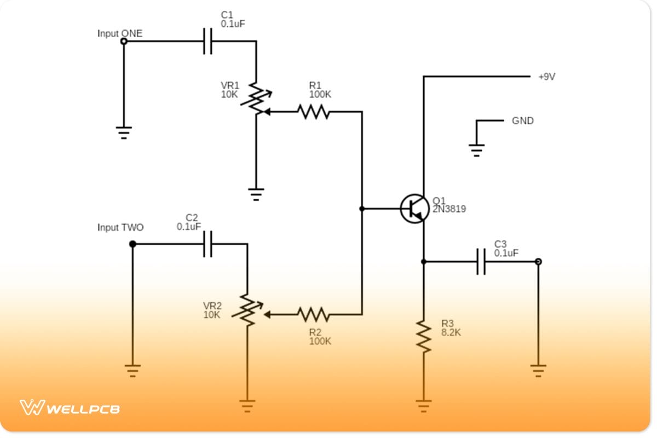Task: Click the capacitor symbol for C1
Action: pyautogui.click(x=208, y=41)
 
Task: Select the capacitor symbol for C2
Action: pyautogui.click(x=208, y=244)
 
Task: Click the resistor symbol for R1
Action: pyautogui.click(x=313, y=112)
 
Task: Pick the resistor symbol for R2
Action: pyautogui.click(x=313, y=314)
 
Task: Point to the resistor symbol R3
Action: pyautogui.click(x=423, y=336)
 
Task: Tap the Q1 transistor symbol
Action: pyautogui.click(x=414, y=209)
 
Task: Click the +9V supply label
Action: pyautogui.click(x=546, y=77)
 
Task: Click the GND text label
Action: pyautogui.click(x=522, y=121)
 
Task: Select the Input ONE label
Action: pyautogui.click(x=119, y=33)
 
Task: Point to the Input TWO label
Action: pyautogui.click(x=120, y=227)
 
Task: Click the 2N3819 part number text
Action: pyautogui.click(x=449, y=209)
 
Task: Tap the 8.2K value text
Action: pyautogui.click(x=451, y=332)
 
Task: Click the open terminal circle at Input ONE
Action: pyautogui.click(x=124, y=41)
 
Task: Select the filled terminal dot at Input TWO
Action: pyautogui.click(x=132, y=244)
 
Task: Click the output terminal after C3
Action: pyautogui.click(x=538, y=262)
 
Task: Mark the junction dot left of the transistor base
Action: pyautogui.click(x=362, y=209)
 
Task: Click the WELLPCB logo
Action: pyautogui.click(x=70, y=408)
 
